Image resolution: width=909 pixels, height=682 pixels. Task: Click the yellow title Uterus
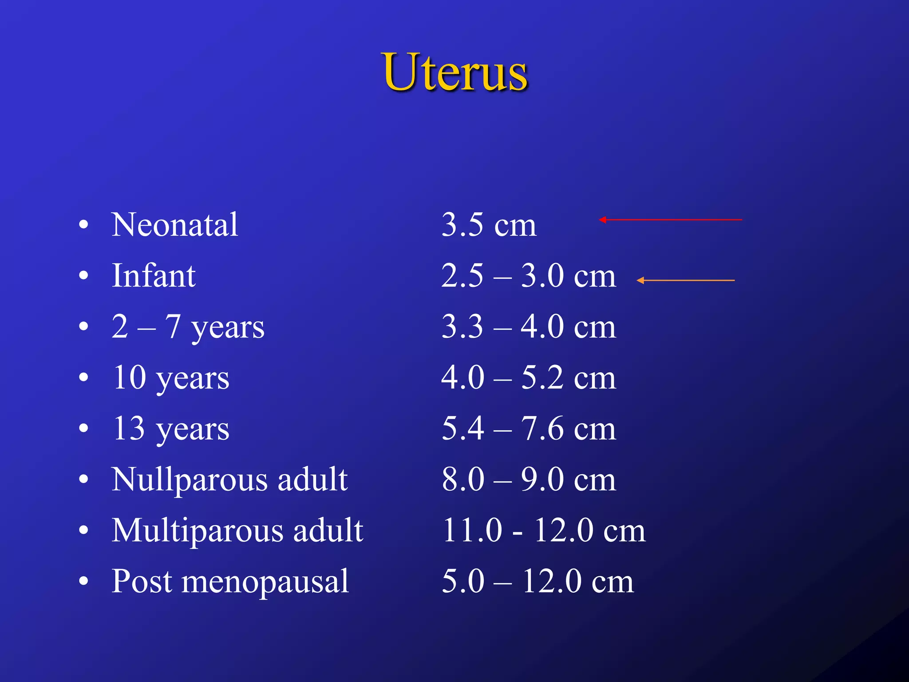click(455, 72)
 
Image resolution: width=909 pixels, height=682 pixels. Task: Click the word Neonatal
click(175, 225)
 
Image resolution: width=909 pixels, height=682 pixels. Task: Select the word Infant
click(154, 276)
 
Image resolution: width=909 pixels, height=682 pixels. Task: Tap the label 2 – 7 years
click(188, 327)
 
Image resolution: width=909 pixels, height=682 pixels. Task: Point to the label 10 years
click(171, 378)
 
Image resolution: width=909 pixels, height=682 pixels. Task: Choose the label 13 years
click(171, 429)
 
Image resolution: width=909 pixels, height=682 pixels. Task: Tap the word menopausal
click(265, 582)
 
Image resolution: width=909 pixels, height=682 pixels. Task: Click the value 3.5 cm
click(489, 225)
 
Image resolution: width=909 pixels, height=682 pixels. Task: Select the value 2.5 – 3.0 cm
click(529, 276)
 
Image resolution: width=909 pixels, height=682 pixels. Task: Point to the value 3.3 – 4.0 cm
click(529, 327)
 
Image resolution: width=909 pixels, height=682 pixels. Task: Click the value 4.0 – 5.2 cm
click(529, 378)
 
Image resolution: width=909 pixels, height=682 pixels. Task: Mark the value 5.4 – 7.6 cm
click(529, 429)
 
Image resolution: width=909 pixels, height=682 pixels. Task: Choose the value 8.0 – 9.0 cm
click(529, 480)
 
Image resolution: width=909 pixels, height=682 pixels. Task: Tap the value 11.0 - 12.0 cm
click(544, 531)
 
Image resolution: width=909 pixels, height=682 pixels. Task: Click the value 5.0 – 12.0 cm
click(537, 582)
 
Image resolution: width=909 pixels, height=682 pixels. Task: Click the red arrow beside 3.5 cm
click(670, 220)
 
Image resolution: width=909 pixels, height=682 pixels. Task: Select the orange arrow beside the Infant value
click(685, 281)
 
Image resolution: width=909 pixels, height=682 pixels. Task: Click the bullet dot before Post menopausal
click(83, 581)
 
